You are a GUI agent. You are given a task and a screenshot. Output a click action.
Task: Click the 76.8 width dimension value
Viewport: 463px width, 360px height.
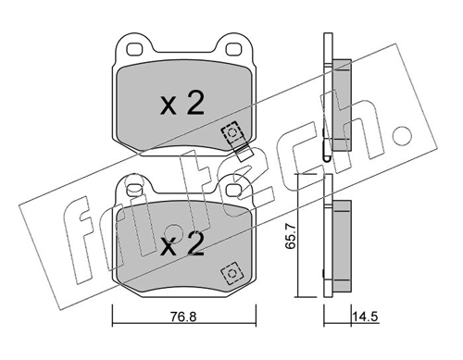183,317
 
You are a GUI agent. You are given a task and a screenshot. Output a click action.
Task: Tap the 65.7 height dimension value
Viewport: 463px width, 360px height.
291,237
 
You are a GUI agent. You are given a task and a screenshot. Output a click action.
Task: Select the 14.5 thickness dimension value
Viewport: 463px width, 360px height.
366,317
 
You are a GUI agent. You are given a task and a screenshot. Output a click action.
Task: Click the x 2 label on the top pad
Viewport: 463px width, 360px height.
182,104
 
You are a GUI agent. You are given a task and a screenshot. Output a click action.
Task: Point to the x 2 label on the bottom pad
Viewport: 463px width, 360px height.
182,244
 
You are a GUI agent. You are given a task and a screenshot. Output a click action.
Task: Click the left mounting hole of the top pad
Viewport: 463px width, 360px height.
135,49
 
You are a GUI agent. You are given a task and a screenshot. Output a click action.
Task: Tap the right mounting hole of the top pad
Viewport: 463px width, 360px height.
233,49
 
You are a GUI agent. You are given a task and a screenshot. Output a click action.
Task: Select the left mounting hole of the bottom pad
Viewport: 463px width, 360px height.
135,190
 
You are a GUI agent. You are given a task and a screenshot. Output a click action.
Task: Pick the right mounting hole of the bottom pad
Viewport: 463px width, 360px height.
233,190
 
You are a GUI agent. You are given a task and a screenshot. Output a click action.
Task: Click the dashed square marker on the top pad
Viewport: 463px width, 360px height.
231,132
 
